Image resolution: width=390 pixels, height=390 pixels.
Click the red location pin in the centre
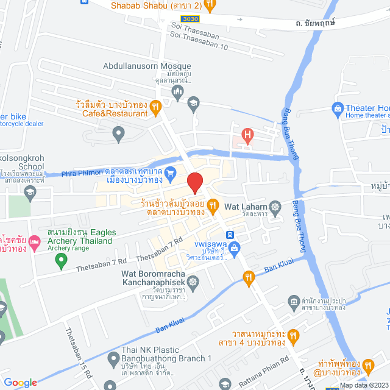(x=194, y=182)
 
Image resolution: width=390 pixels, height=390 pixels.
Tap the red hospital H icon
(x=247, y=135)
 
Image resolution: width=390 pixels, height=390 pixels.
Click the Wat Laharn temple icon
(x=275, y=207)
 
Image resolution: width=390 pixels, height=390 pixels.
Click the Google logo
(x=20, y=383)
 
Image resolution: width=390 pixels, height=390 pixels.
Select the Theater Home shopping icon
(x=338, y=108)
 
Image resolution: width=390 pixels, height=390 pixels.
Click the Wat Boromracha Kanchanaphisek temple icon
(x=193, y=282)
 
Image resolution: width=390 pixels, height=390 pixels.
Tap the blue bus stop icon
(x=230, y=235)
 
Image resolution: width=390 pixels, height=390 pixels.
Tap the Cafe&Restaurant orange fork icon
(x=155, y=107)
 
